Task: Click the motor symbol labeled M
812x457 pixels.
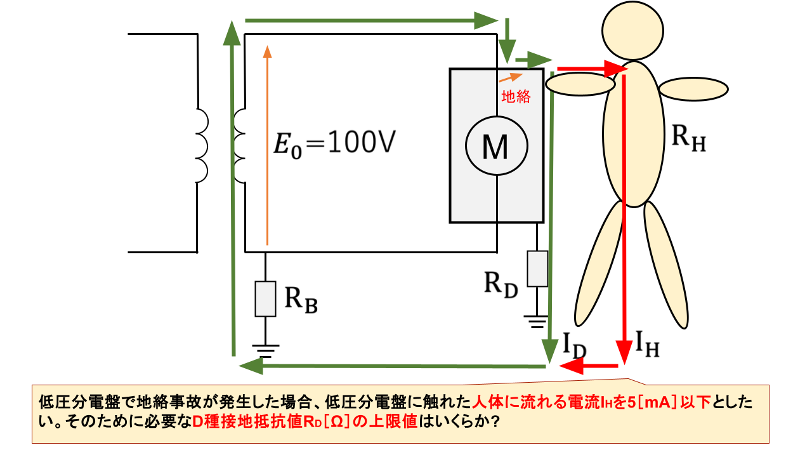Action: point(496,148)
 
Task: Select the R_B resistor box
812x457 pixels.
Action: point(265,298)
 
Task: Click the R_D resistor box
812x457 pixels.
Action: point(537,268)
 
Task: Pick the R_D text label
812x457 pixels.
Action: point(501,285)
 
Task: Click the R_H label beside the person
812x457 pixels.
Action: point(688,140)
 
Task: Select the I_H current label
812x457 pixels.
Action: point(646,347)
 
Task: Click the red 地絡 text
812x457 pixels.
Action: point(516,97)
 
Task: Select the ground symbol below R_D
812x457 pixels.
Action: point(537,321)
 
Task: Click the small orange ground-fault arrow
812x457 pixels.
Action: point(511,77)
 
